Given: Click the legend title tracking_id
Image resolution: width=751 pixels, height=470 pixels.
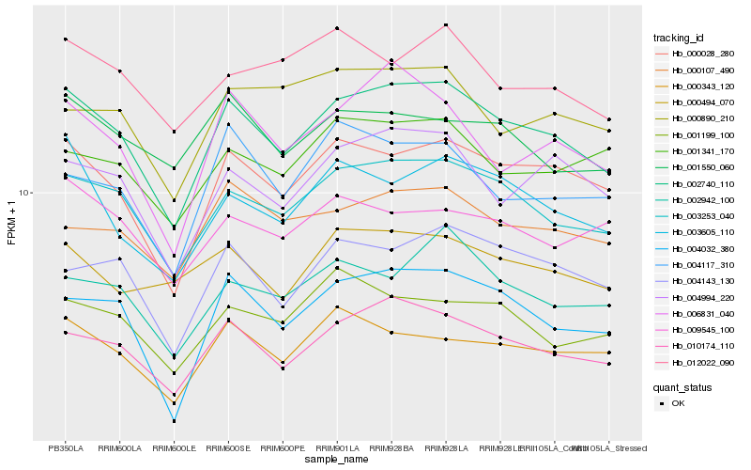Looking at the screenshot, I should click(679, 38).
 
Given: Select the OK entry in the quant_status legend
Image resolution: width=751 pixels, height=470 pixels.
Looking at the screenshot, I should click(679, 403).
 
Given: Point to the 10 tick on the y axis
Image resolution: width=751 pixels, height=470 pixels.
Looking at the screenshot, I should click(24, 193).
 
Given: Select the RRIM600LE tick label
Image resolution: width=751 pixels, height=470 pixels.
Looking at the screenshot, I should click(174, 447).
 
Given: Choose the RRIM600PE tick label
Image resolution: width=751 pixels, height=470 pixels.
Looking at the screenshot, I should click(283, 447).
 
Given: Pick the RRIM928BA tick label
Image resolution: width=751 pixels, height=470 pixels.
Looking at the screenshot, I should click(391, 447).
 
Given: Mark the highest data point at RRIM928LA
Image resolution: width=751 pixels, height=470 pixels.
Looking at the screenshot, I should click(446, 24).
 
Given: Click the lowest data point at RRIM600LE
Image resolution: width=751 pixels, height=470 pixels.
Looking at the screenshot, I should click(174, 421).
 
